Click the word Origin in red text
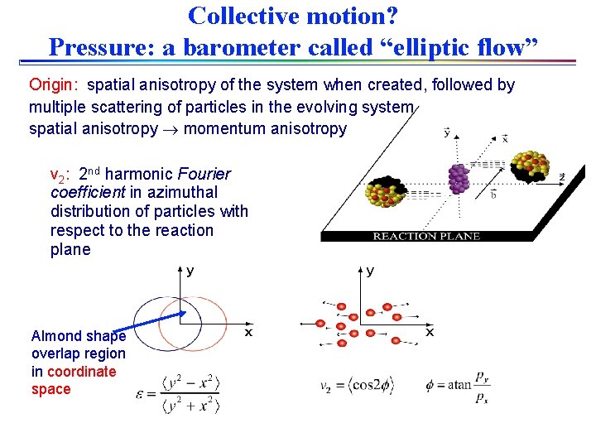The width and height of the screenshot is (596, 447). point(51,85)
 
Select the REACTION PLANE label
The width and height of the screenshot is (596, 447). point(426,237)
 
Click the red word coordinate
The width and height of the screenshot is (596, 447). point(81,372)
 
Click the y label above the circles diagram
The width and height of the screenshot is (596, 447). point(190,271)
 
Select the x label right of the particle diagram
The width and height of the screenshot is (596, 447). point(429,332)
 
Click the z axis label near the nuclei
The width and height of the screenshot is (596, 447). point(562,177)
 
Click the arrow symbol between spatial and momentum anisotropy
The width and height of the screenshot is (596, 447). point(171,129)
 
